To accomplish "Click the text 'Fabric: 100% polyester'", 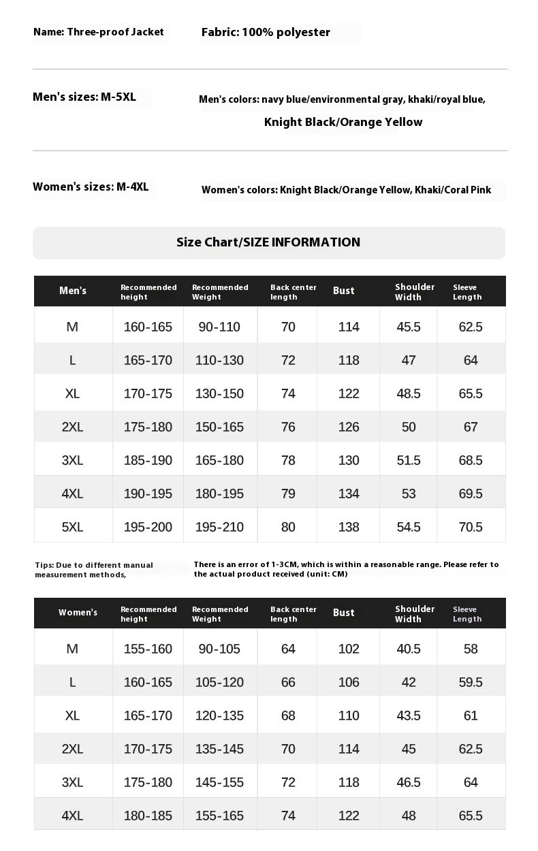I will [x=266, y=32].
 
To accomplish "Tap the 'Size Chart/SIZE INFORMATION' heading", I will [x=268, y=242].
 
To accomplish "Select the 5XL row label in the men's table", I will [x=72, y=527].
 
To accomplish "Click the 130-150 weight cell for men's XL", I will [x=219, y=394].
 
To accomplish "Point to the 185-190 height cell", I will [x=148, y=460].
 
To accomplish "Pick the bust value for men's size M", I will [x=349, y=327].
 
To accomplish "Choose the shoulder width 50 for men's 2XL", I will [x=409, y=427].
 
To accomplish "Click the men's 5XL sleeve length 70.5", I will [x=471, y=527].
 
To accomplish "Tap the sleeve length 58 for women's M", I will [x=471, y=649].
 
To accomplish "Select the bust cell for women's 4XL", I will [x=349, y=816].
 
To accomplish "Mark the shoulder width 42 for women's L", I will [x=409, y=682].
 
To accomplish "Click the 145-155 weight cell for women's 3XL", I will [x=219, y=782].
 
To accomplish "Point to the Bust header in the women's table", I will [x=344, y=613].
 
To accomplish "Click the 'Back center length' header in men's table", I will [x=294, y=292].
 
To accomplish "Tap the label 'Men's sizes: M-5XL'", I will [x=84, y=97].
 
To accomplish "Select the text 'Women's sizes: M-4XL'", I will [x=91, y=187].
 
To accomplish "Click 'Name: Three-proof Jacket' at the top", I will [x=99, y=32].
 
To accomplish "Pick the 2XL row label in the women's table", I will [x=72, y=749].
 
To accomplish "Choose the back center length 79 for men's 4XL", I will [x=288, y=494].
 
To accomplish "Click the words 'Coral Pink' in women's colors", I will [x=467, y=190].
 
